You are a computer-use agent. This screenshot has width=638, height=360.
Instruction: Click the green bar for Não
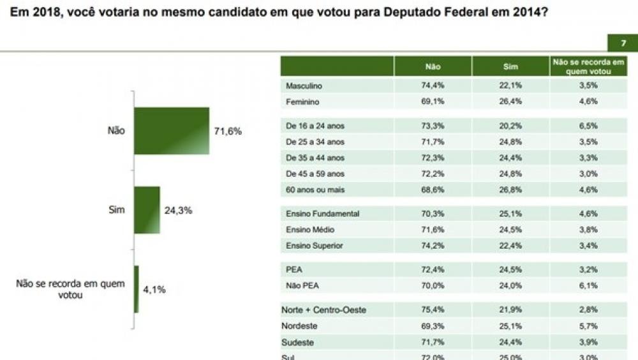[172, 131]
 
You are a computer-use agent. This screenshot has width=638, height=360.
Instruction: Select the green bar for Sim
[147, 210]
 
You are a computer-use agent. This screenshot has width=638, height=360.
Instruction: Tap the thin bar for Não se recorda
[136, 289]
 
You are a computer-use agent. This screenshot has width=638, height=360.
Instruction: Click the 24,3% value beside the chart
[178, 210]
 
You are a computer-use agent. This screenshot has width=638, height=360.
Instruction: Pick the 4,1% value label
[154, 289]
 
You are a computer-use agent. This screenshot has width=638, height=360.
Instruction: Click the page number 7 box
[623, 43]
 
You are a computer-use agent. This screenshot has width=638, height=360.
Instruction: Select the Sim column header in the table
[510, 67]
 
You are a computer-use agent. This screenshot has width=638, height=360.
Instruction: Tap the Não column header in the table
[433, 67]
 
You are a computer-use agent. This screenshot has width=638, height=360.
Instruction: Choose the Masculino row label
[304, 86]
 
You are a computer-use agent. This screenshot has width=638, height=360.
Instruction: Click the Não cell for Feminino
[433, 101]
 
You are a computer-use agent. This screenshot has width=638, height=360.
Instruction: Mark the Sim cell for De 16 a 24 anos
[510, 126]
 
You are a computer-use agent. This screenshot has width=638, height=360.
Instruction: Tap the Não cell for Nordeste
[433, 326]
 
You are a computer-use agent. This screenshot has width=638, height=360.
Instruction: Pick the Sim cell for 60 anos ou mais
[510, 190]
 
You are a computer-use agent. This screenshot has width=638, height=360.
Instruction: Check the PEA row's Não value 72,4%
[433, 270]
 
